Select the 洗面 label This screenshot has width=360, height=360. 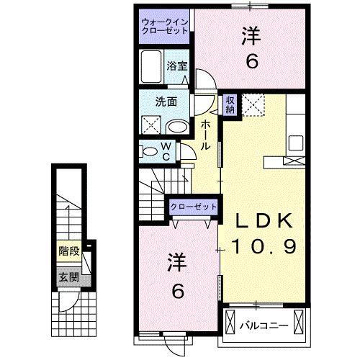click(x=167, y=102)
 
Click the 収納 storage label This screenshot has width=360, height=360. click(x=230, y=104)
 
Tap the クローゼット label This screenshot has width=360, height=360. click(x=194, y=207)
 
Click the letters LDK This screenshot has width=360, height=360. click(x=261, y=219)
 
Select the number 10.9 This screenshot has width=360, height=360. click(x=261, y=246)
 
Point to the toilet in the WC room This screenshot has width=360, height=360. click(x=149, y=152)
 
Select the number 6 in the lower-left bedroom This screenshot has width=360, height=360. click(x=177, y=292)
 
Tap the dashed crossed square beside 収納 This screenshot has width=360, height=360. click(x=253, y=105)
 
